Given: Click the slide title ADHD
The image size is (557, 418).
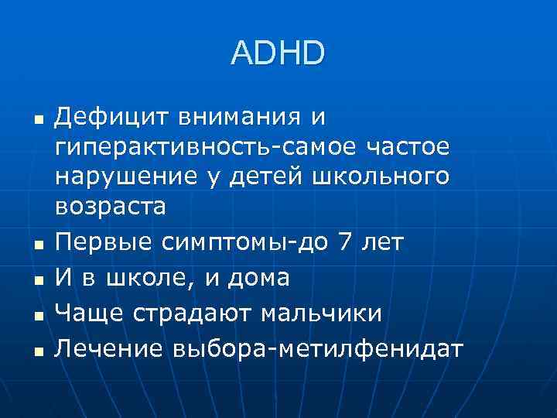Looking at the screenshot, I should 278,53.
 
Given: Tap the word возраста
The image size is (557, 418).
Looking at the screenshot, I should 110,206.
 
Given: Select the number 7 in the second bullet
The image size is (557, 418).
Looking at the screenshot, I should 344,243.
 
